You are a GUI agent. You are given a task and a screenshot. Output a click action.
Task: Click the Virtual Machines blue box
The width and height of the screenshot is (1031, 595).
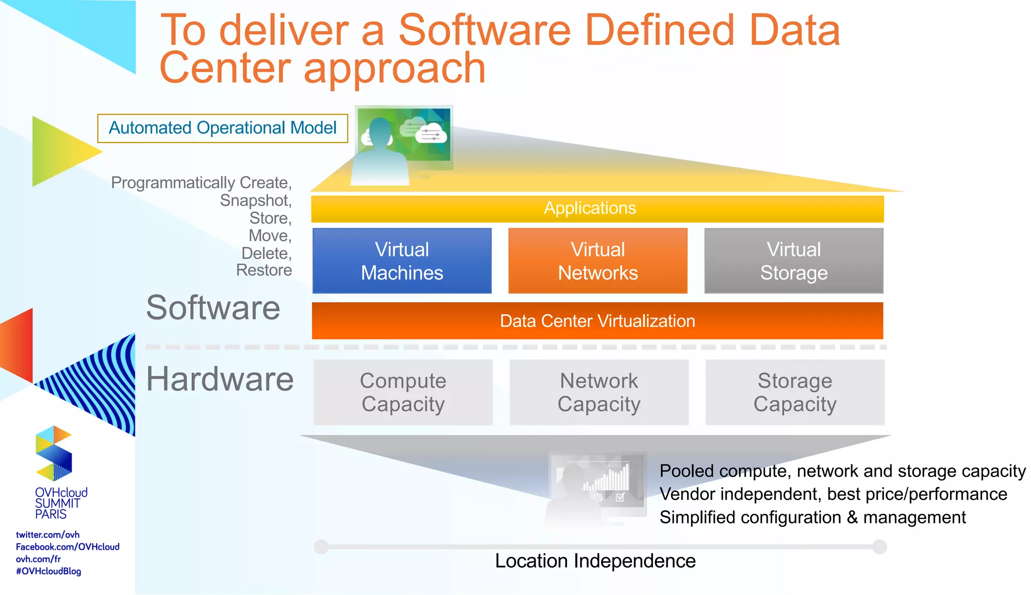click(402, 260)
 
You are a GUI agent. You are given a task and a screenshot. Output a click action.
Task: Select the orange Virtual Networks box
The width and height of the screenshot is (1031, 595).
click(598, 260)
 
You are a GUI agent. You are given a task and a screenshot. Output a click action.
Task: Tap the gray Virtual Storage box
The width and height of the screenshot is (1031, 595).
click(793, 260)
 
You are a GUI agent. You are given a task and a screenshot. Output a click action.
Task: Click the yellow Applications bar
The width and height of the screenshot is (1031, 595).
click(597, 209)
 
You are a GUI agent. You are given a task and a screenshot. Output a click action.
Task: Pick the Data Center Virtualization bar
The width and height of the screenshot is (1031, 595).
click(597, 321)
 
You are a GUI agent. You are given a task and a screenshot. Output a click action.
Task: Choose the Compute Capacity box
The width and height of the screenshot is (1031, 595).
click(403, 392)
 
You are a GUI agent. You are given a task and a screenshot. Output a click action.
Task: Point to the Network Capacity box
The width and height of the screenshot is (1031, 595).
click(599, 392)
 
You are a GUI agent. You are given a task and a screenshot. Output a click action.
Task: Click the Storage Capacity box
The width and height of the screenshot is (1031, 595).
click(794, 392)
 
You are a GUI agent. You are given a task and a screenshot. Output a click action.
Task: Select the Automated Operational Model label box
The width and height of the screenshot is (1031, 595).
click(223, 128)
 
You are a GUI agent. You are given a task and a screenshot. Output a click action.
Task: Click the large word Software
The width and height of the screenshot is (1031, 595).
click(213, 308)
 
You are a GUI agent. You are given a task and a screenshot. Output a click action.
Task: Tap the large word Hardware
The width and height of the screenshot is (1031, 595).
click(219, 379)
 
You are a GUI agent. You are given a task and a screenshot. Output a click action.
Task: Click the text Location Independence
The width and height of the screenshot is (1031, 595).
click(595, 561)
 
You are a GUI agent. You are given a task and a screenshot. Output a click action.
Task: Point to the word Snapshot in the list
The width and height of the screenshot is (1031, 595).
click(255, 201)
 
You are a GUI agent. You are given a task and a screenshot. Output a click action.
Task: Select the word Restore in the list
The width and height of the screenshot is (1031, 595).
click(264, 270)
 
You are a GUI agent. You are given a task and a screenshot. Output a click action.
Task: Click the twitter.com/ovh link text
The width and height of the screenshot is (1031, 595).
click(47, 535)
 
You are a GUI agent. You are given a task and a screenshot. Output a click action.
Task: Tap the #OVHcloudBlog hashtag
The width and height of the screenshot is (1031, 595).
click(48, 571)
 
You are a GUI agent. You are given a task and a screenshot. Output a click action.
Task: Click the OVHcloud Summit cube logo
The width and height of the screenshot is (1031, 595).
click(54, 452)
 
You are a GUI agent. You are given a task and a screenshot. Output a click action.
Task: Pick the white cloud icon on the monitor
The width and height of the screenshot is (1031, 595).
click(431, 134)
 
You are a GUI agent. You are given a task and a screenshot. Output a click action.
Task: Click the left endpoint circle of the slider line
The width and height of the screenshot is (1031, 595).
click(321, 547)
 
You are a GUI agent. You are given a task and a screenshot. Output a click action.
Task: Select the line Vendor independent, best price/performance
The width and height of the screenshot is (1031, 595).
click(833, 494)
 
